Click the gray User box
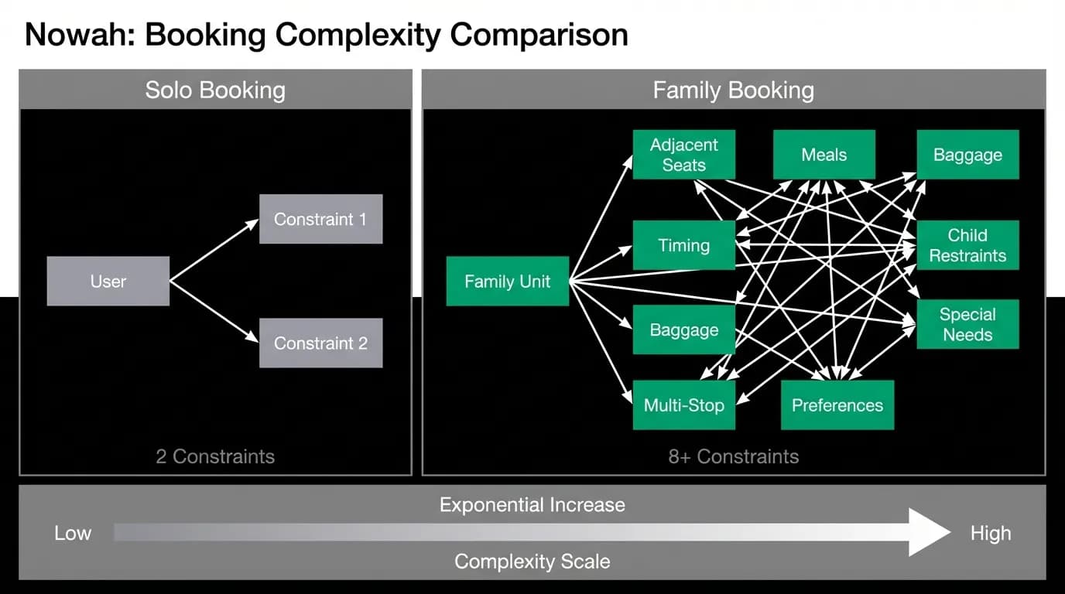click(x=108, y=281)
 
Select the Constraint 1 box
click(x=321, y=219)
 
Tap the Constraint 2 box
click(x=321, y=343)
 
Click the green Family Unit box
click(x=507, y=282)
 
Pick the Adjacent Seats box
click(x=683, y=155)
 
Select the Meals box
click(x=824, y=155)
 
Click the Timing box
click(x=683, y=245)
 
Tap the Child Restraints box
click(x=967, y=245)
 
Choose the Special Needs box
click(x=967, y=324)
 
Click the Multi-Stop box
click(x=683, y=405)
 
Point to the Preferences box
click(x=837, y=405)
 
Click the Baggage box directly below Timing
click(x=683, y=329)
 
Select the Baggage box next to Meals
click(x=967, y=155)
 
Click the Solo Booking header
click(x=215, y=90)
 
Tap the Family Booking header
click(x=734, y=90)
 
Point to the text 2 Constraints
click(x=215, y=456)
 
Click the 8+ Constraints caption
click(x=734, y=456)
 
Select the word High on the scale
click(x=991, y=533)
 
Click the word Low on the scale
click(x=73, y=533)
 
